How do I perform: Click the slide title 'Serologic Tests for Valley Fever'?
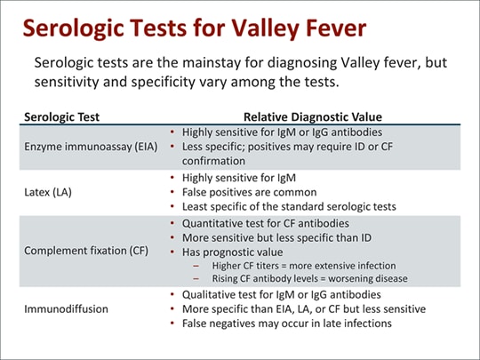[x=194, y=28]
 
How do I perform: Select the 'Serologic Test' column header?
[x=61, y=116]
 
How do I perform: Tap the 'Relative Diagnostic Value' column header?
[x=313, y=116]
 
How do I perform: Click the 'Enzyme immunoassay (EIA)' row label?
[x=91, y=146]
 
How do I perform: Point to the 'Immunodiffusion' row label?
[x=66, y=308]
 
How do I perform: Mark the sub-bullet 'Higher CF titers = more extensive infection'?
[x=304, y=266]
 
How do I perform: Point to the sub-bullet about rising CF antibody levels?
[x=310, y=278]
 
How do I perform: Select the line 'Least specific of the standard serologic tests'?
[x=288, y=205]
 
